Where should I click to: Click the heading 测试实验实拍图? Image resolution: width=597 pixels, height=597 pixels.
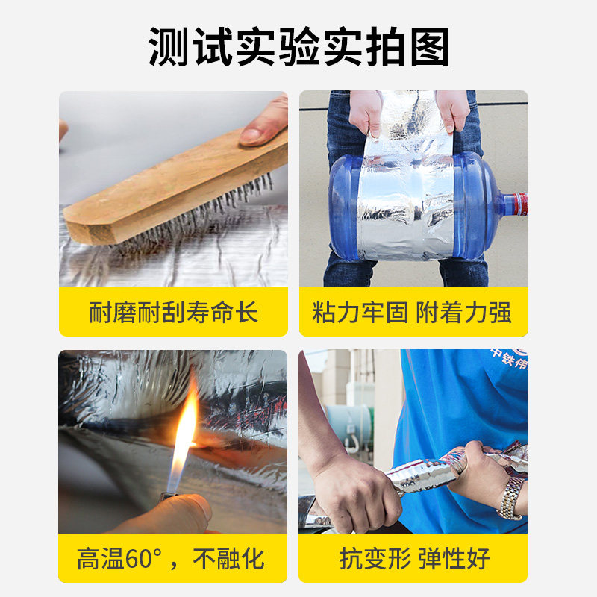tap(299, 47)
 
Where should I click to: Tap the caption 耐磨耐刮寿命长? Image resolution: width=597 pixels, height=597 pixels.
tap(174, 312)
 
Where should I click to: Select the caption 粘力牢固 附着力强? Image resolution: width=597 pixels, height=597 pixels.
tap(412, 312)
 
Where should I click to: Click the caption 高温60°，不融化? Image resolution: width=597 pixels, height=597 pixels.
tap(171, 558)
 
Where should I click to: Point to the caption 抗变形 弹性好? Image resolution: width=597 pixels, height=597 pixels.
tap(415, 558)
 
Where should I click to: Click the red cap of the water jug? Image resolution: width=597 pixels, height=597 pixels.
tap(520, 204)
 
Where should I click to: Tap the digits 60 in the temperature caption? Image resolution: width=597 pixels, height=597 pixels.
tap(139, 559)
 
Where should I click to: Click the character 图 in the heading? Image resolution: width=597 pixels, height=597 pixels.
tap(430, 47)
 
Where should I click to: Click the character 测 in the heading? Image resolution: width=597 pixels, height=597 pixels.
tap(168, 47)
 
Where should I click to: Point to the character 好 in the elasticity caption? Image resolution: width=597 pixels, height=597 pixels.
tap(478, 558)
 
